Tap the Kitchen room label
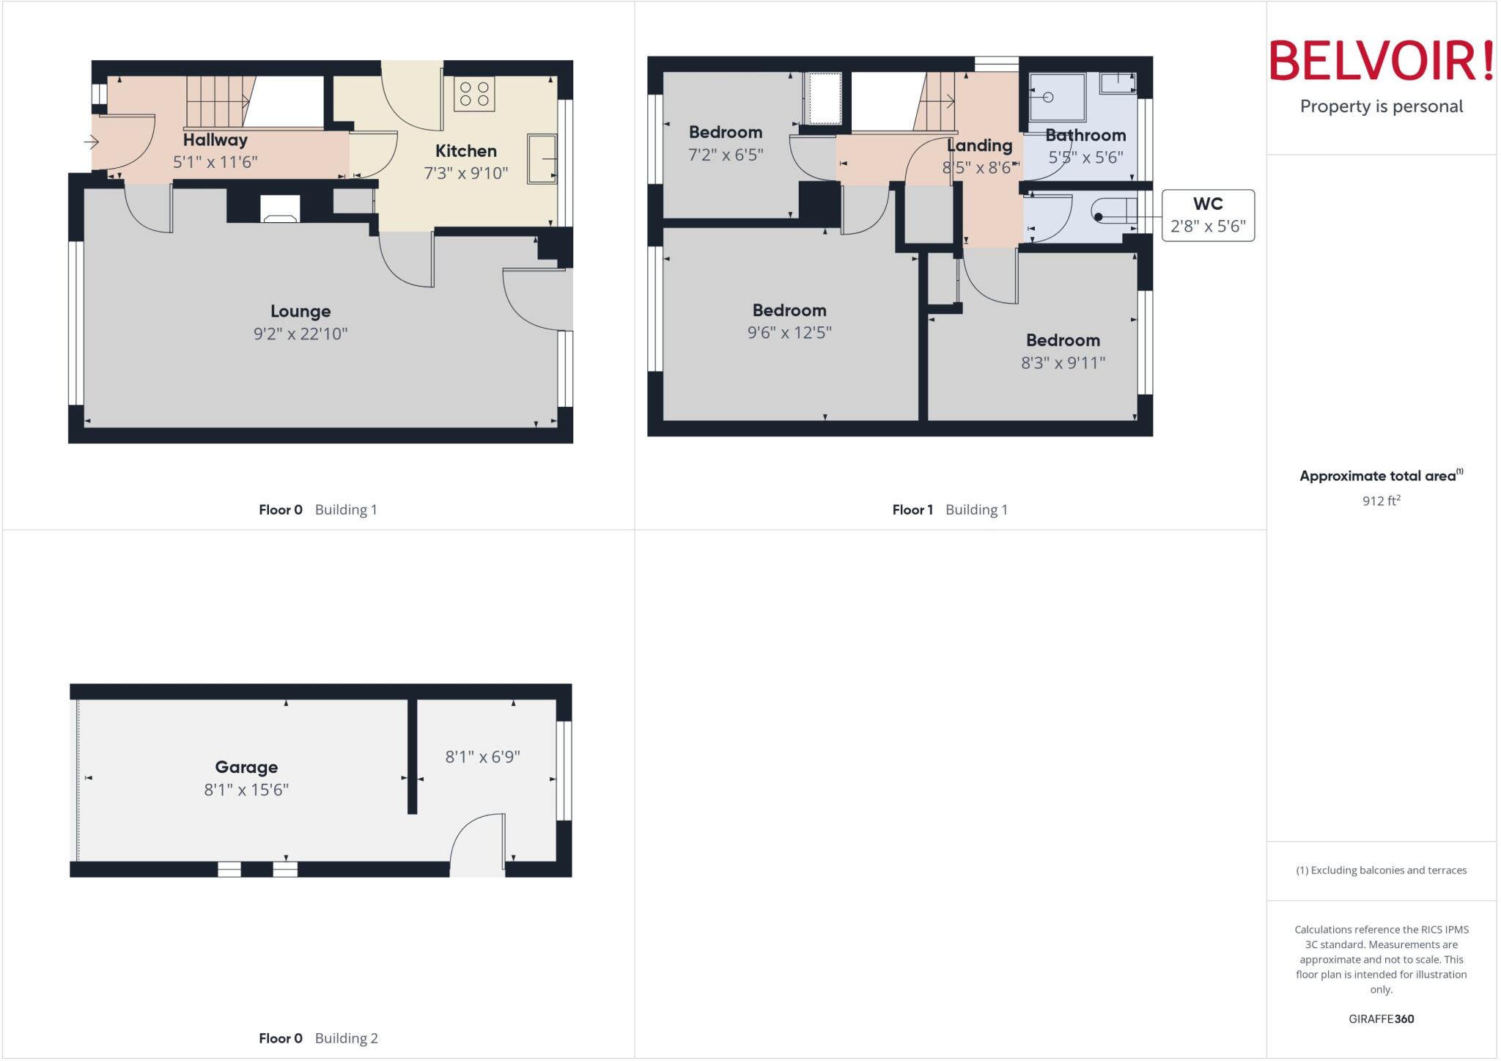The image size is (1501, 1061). pos(465,151)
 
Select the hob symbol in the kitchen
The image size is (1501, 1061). pos(474,95)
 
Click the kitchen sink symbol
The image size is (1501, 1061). pos(542,158)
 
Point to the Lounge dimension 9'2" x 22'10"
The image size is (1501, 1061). pos(300,334)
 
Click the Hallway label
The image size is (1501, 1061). pos(215,140)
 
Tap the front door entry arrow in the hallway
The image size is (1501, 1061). pos(92,141)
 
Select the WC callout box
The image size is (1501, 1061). pos(1208,215)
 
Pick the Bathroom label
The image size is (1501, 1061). pos(1085,136)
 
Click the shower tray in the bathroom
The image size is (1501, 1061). pos(1056,97)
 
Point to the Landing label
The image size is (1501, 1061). pos(980,146)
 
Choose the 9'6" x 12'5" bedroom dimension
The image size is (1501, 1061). pos(789,333)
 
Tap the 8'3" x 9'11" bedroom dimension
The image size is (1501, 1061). pos(1063,363)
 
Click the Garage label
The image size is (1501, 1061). pos(246,768)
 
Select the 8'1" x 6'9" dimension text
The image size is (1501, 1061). pos(482,757)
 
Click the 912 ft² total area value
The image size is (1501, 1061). pos(1381,501)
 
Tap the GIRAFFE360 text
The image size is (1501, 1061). pos(1381,1018)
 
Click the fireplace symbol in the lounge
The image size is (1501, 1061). pos(280,209)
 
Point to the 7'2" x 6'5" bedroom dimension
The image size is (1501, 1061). pos(726,155)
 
